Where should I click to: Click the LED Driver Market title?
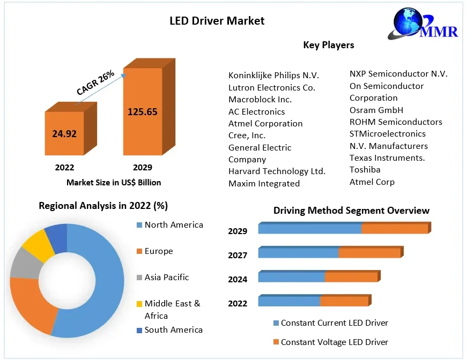217,21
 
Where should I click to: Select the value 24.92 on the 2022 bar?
64,133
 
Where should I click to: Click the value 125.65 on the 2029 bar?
142,111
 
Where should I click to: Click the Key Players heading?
329,45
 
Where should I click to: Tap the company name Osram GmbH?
376,110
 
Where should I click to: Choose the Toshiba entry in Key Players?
365,169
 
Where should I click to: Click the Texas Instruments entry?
387,157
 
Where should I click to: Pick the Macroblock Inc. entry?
260,99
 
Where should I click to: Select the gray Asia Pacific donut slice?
25,263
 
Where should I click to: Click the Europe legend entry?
158,251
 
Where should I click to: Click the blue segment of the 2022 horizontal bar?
289,301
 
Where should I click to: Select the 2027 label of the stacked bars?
238,255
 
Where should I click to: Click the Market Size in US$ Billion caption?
114,182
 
